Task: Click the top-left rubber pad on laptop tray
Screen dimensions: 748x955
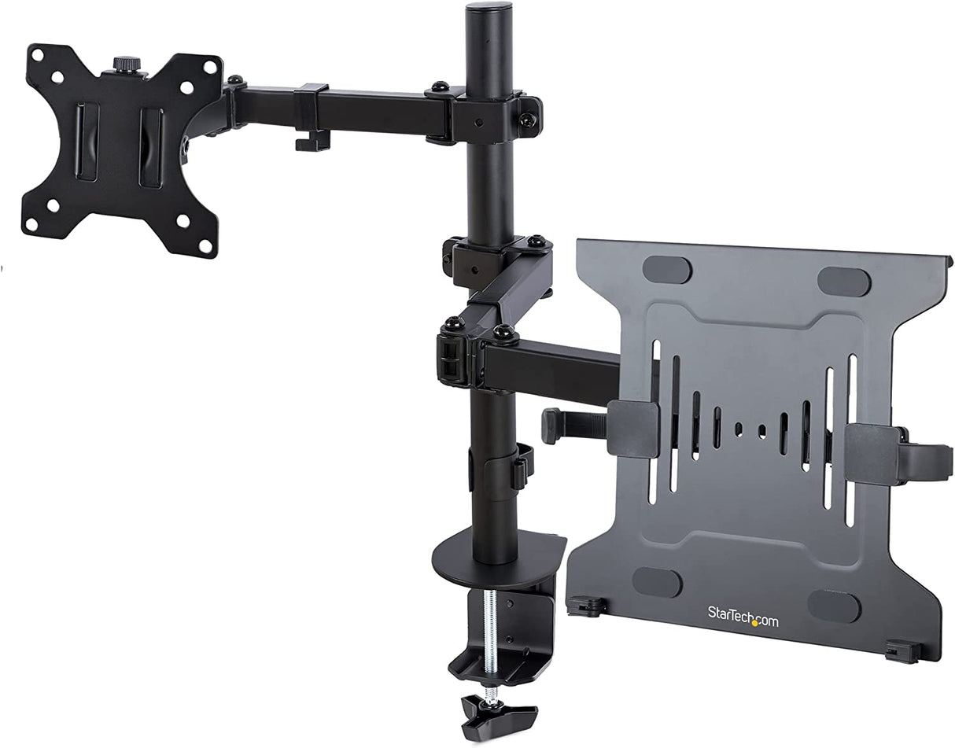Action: coord(666,270)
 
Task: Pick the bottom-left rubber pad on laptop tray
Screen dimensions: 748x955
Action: coord(657,582)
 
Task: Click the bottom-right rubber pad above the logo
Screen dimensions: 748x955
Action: coord(834,606)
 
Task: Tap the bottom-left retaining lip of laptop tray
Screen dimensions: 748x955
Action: coord(586,606)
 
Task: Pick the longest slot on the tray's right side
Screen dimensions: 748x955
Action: coord(851,440)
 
